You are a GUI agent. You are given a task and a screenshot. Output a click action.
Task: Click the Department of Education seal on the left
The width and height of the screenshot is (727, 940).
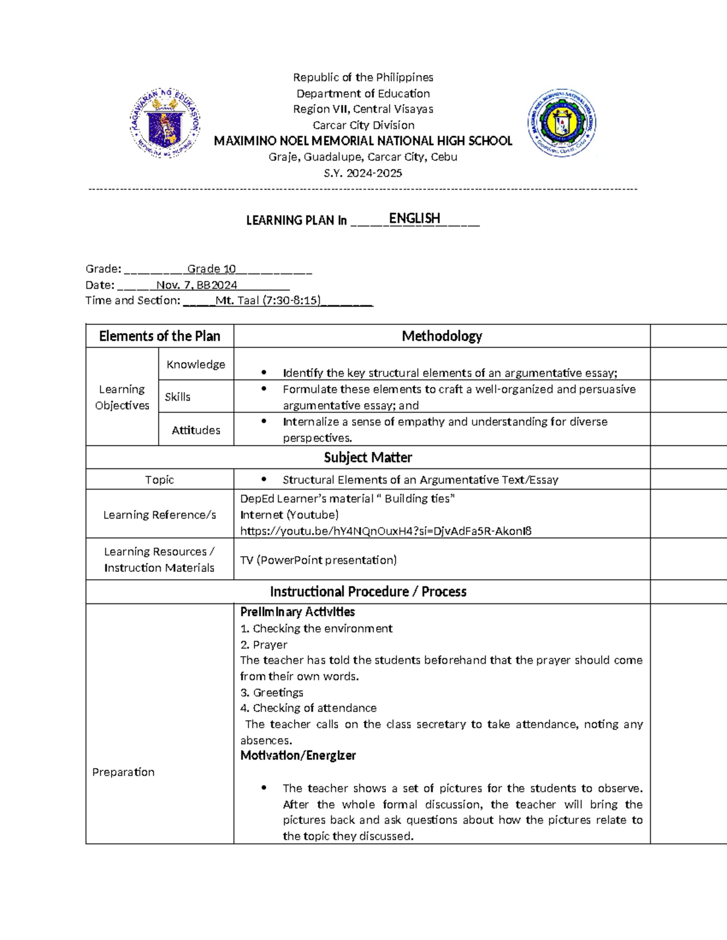click(165, 123)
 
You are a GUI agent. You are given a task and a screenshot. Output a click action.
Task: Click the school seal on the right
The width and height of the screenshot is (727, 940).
click(562, 123)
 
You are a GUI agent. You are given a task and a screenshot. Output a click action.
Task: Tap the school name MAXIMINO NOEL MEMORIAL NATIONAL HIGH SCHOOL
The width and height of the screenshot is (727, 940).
click(363, 141)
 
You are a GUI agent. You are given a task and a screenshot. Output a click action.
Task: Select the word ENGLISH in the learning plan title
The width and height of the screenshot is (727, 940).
click(414, 219)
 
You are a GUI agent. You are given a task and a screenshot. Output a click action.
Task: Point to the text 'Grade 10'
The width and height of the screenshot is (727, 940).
click(211, 269)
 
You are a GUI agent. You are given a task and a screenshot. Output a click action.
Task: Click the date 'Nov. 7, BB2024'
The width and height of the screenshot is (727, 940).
click(197, 285)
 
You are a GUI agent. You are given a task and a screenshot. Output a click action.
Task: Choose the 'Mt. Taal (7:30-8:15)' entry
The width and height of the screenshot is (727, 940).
click(268, 300)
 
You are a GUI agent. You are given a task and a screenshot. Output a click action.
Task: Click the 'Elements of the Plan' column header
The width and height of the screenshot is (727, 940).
click(159, 336)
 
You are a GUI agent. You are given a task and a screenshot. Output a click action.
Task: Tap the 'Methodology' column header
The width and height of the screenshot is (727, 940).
click(442, 336)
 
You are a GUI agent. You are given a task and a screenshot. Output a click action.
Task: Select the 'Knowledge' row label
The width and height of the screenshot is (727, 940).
click(196, 364)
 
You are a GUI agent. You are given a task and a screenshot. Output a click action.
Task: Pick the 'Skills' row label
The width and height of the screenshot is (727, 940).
click(178, 397)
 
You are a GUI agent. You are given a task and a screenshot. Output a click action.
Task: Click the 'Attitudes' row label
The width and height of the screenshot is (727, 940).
click(196, 430)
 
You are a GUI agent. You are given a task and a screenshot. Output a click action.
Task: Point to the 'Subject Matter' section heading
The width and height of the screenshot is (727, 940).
click(368, 458)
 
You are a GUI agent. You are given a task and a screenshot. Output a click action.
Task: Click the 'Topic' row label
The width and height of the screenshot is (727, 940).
click(159, 480)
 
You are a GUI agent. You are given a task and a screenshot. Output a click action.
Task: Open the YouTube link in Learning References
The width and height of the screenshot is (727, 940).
click(386, 531)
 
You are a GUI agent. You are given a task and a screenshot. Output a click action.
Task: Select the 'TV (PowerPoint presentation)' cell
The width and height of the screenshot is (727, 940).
click(319, 560)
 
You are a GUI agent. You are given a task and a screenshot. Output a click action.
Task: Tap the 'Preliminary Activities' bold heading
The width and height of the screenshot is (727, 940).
click(297, 612)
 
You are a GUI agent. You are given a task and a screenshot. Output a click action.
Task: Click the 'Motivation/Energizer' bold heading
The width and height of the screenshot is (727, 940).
click(298, 755)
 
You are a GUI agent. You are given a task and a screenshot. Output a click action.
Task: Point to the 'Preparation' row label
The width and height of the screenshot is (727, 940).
click(123, 772)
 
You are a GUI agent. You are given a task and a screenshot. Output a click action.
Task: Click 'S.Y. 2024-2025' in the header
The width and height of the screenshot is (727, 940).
click(363, 173)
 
